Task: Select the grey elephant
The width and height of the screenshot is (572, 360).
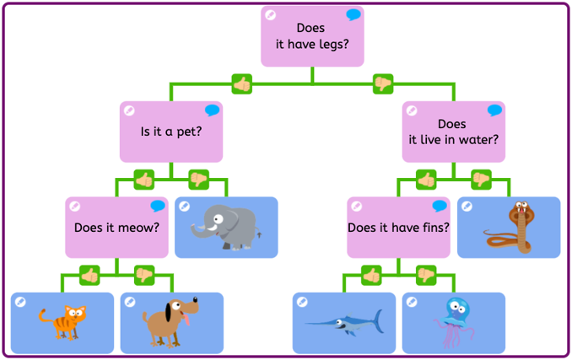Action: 226,228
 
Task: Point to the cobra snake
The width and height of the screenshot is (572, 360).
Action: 509,228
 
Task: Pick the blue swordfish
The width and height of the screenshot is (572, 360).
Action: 345,323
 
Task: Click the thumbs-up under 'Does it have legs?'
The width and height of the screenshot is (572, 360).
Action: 242,83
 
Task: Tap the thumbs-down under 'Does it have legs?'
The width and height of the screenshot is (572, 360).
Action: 383,83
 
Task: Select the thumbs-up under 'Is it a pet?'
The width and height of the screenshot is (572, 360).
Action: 144,180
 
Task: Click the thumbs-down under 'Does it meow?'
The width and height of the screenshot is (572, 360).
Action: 144,275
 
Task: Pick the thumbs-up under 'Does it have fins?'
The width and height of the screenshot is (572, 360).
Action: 371,275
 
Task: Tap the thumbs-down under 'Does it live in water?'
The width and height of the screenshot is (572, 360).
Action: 481,180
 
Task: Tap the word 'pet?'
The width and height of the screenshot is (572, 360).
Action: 189,132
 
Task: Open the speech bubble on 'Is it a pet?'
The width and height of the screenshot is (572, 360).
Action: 212,110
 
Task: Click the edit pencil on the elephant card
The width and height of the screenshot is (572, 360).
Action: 185,207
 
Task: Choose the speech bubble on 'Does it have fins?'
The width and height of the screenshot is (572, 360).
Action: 440,206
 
